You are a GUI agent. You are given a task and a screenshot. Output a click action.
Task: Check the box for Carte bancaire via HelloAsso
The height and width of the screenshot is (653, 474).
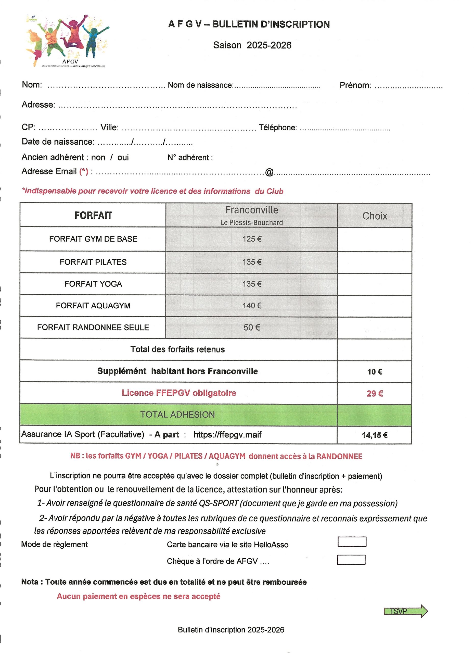point(352,542)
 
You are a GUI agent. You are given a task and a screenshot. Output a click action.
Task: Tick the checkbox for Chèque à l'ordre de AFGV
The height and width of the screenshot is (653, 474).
point(351,560)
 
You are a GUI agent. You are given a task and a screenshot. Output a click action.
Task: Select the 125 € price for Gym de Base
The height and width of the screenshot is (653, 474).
point(252,239)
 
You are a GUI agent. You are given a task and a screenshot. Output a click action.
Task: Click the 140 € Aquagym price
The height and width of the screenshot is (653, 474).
point(252,306)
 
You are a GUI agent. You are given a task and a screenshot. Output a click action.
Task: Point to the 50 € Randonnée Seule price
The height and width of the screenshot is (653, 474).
point(252,327)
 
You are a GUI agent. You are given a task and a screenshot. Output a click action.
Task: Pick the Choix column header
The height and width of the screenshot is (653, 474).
point(374,216)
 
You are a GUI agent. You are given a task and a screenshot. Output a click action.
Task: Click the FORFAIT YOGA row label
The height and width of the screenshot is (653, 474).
point(93,284)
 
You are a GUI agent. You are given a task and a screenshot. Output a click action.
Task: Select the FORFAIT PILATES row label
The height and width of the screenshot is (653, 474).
point(93,262)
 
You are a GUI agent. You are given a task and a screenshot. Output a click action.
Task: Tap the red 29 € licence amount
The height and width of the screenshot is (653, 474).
point(375,394)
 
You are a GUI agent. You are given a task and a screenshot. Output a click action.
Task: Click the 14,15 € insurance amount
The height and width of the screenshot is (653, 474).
point(374,435)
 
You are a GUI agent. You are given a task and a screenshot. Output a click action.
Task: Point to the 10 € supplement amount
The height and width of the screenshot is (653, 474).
point(374,372)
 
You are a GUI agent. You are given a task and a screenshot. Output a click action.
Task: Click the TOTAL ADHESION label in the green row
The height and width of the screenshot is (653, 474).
point(177,415)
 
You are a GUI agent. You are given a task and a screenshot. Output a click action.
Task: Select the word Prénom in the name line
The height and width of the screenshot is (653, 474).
point(355,85)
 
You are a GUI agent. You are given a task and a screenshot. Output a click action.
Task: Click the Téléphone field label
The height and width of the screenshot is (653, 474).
point(277,128)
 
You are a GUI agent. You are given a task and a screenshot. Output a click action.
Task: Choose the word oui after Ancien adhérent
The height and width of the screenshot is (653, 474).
point(123,157)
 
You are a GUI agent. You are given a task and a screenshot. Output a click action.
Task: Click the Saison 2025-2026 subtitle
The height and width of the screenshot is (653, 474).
point(252,45)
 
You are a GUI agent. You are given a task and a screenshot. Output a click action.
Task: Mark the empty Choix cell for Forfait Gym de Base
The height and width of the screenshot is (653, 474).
point(374,239)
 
